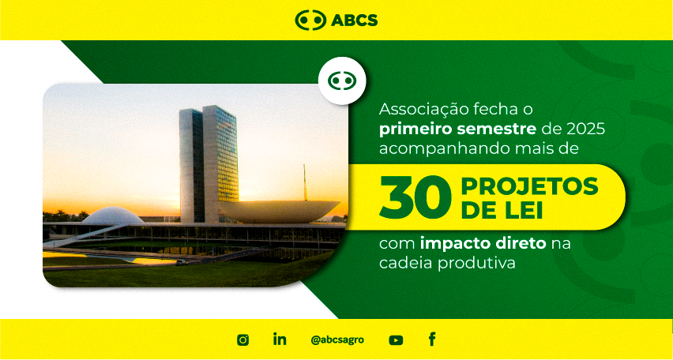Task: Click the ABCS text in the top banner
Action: point(354,21)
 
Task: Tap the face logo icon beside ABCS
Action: point(310,21)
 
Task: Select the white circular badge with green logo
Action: point(342,81)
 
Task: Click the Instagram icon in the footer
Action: point(243,339)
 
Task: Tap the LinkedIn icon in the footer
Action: point(280,339)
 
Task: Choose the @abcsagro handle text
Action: point(337,339)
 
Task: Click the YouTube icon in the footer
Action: point(396,340)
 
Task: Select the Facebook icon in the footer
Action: point(432,339)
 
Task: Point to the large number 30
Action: point(415,197)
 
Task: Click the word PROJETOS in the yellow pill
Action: point(529,186)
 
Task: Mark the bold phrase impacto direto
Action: point(483,245)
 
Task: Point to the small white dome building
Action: point(113,216)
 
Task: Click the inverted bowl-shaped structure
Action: point(280,212)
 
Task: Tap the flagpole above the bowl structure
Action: point(305,182)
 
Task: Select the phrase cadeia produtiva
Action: point(447,263)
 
